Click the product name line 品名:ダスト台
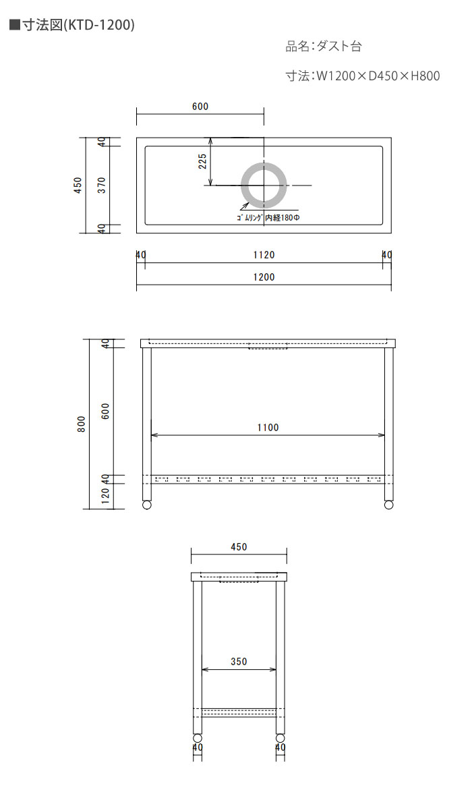[323, 47]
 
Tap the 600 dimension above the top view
[200, 106]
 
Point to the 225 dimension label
[202, 161]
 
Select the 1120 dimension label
[264, 255]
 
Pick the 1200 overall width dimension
[264, 277]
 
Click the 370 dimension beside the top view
[102, 185]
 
